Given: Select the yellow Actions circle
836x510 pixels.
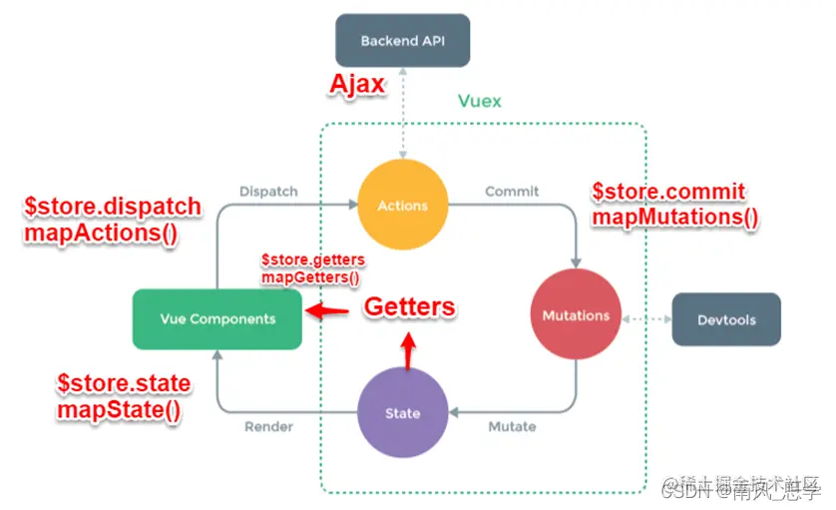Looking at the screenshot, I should coord(402,206).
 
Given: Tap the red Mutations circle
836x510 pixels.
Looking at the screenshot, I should coord(576,315).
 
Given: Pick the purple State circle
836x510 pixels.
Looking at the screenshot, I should coord(402,413).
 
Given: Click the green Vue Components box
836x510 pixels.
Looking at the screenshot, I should coord(216,319).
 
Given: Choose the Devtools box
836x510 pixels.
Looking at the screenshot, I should coord(726,320).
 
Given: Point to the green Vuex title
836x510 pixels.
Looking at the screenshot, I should coord(479,101).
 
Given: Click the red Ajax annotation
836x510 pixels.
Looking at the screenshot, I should coord(356,84).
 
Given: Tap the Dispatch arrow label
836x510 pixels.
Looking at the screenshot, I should coord(268,191).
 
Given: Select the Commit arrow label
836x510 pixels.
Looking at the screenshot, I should coord(511,191).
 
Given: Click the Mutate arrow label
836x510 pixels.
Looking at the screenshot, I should coord(511,427).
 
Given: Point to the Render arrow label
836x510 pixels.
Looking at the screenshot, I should coord(268,427).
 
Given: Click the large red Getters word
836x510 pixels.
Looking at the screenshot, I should coord(409,307).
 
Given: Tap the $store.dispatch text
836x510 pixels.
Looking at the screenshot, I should coord(112,207).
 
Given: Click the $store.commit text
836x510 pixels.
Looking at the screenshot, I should coord(668,191).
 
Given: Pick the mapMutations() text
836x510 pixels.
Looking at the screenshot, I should coord(674,216).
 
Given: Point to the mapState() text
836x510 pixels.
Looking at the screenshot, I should coord(119,410).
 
